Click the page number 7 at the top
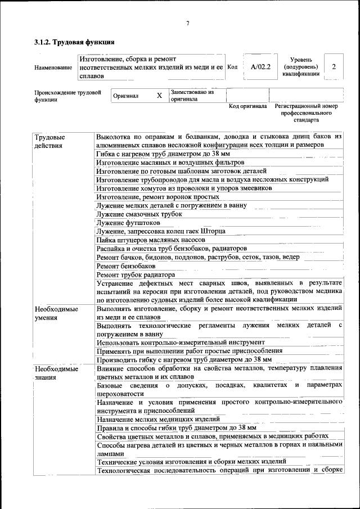[x=188, y=22]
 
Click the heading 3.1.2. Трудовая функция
[x=75, y=42]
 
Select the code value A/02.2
[x=260, y=66]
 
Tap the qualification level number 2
[x=334, y=66]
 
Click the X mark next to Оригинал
[x=159, y=96]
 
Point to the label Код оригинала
[x=248, y=106]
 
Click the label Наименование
[x=53, y=67]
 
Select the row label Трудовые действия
[x=49, y=141]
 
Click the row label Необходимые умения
[x=56, y=313]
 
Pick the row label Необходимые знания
[x=56, y=373]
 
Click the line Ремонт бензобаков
[x=125, y=265]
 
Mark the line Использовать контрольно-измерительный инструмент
[x=181, y=342]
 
